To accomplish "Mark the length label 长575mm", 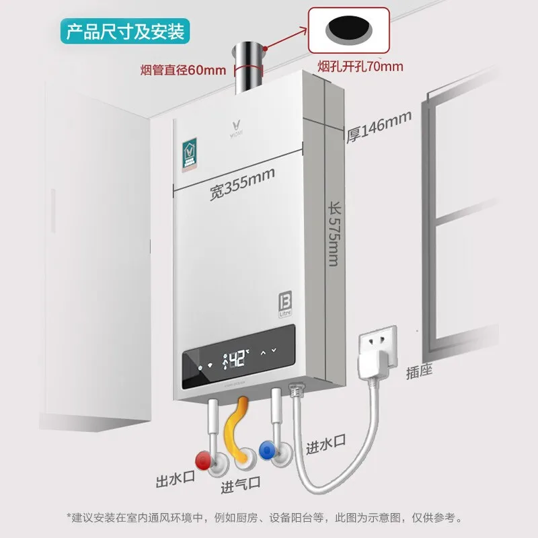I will point(334,233).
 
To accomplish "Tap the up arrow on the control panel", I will point(263,352).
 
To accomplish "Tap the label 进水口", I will point(326,446).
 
